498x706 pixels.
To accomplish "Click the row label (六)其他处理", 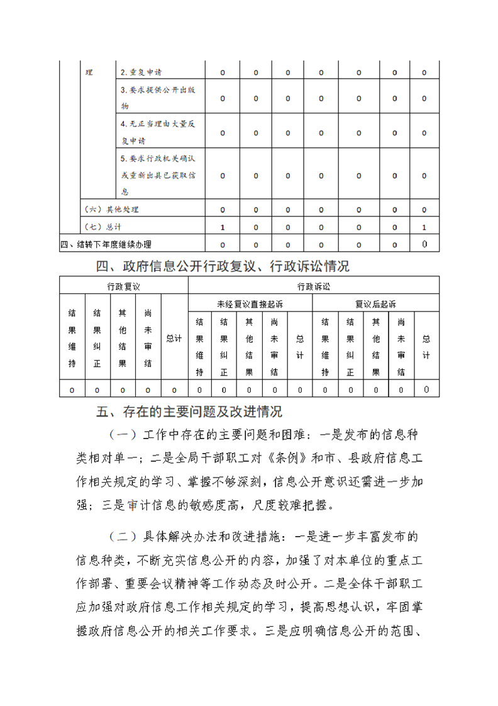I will [111, 210].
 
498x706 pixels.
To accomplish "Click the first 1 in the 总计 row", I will [223, 227].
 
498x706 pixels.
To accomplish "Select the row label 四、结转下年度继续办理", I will [106, 244].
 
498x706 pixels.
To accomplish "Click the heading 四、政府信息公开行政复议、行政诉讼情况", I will [223, 266].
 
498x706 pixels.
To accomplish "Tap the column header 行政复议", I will [123, 286].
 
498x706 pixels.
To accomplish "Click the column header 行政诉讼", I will [313, 286].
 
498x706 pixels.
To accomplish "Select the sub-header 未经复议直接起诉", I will [250, 304].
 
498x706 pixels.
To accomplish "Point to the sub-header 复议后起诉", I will [375, 304].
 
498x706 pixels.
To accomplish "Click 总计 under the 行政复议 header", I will [174, 338].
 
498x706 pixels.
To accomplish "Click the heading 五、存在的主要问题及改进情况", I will [189, 412].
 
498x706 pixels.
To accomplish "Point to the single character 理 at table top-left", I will [89, 73].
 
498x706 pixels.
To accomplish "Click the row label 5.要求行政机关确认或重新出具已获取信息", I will [158, 175].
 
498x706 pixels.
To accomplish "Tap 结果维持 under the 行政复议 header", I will [72, 338].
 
